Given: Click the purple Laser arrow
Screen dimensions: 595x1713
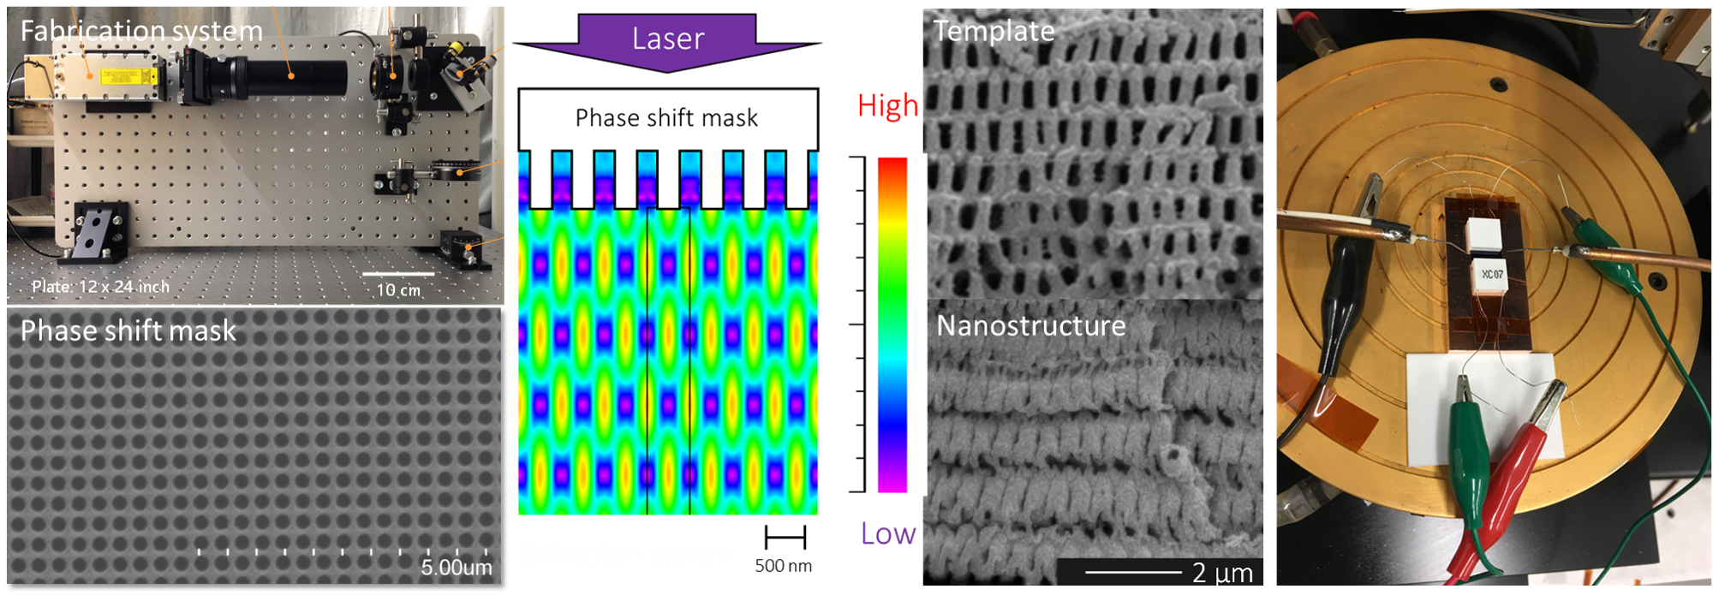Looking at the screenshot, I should (x=667, y=40).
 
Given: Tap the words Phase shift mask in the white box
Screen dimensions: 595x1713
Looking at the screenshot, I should (x=666, y=117).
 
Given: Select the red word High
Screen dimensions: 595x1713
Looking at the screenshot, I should (x=887, y=106).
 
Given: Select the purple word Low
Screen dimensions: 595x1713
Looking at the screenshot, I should (x=888, y=533).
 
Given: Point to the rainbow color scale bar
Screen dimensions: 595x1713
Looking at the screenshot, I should (x=892, y=324).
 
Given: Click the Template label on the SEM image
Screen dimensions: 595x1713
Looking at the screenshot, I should (x=994, y=31).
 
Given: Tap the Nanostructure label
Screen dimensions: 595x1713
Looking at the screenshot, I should (x=1030, y=325).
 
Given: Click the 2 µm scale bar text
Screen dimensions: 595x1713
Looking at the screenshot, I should (x=1222, y=572).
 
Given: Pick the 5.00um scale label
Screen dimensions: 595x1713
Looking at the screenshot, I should (x=457, y=567).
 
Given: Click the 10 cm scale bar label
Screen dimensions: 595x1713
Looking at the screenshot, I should (x=398, y=289).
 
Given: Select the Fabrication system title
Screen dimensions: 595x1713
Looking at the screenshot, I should (x=141, y=31).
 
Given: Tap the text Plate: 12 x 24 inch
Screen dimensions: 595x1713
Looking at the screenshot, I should (x=100, y=286).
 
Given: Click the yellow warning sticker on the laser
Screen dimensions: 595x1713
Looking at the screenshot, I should (x=128, y=77).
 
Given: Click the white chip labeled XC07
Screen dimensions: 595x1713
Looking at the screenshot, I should (x=1491, y=274).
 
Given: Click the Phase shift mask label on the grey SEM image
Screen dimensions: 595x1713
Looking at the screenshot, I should (x=128, y=330).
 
